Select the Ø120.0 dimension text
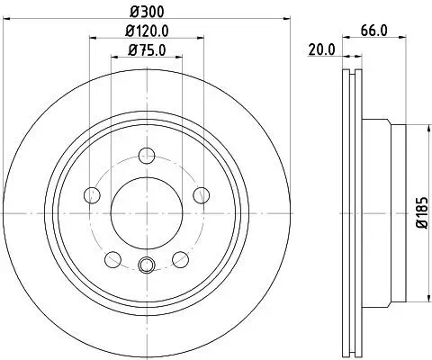[x=146, y=31]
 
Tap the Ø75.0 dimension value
[x=146, y=51]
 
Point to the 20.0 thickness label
[x=319, y=50]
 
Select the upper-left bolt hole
[x=91, y=193]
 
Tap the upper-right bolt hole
[x=202, y=193]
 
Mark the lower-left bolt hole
[x=112, y=259]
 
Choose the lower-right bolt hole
[x=181, y=259]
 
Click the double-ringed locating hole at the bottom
[x=147, y=265]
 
